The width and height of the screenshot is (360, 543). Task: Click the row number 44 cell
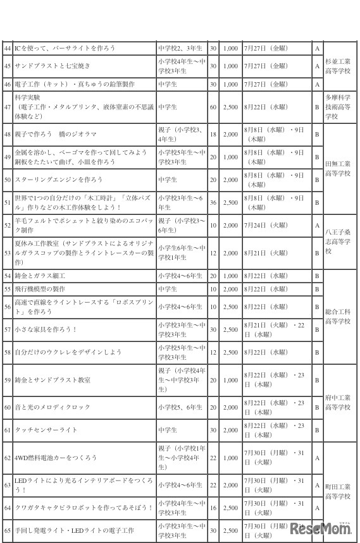click(8, 48)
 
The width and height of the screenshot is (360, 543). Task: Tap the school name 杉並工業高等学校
click(337, 66)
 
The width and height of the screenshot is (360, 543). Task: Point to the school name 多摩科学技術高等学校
click(337, 107)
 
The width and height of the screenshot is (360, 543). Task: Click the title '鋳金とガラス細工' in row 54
click(40, 276)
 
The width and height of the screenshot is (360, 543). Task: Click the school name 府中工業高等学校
click(337, 402)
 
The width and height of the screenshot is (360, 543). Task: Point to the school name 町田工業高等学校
click(337, 491)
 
